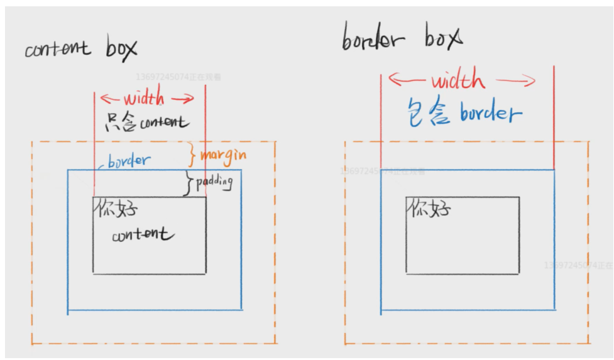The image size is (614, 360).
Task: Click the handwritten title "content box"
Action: point(80,49)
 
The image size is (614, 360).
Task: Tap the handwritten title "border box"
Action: point(402,39)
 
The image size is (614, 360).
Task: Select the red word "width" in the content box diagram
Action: point(144,99)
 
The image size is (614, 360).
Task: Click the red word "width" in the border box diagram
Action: point(458,81)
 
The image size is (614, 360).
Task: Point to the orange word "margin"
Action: point(222,155)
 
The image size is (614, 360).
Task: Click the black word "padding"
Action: point(214,182)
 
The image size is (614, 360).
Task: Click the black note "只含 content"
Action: point(146,122)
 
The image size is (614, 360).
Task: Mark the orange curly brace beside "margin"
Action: point(193,154)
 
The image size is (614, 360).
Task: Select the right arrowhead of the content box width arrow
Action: point(191,99)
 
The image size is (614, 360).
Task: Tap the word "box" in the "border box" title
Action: point(443,38)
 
